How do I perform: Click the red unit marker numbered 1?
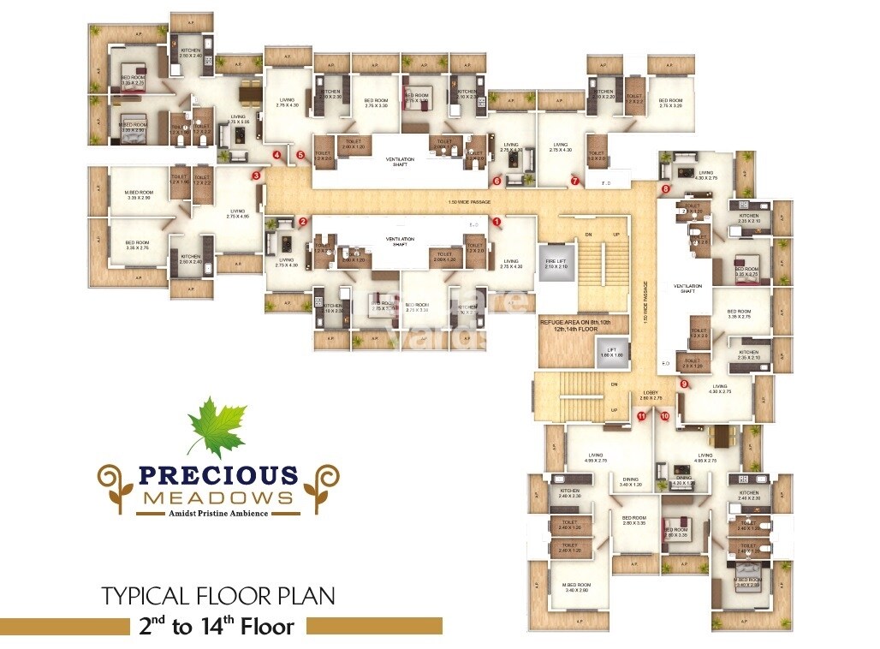click(x=496, y=221)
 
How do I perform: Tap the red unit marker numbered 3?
click(x=256, y=176)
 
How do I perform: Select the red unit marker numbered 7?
click(x=575, y=181)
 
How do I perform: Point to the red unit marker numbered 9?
click(x=684, y=384)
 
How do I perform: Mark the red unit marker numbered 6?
click(x=496, y=181)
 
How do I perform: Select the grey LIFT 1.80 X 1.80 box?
click(x=610, y=351)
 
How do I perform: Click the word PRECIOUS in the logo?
click(x=218, y=476)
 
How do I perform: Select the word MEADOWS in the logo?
click(x=218, y=497)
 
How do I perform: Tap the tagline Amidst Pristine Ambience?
click(x=217, y=514)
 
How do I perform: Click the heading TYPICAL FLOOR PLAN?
click(x=218, y=596)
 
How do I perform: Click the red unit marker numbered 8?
click(x=666, y=188)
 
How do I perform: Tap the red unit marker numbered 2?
click(x=303, y=222)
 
